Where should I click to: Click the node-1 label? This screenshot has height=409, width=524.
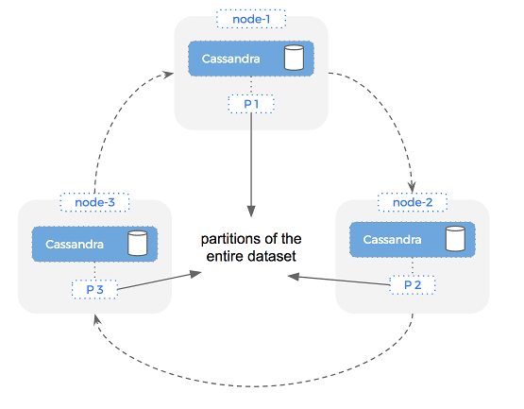tap(251, 18)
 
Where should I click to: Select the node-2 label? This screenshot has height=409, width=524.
tap(412, 202)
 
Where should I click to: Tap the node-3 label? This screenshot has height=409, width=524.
tap(93, 202)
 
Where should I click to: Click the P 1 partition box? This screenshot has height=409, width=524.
tap(251, 103)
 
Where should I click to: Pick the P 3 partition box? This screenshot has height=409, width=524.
tap(93, 288)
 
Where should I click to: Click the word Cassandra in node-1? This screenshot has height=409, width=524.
tap(231, 60)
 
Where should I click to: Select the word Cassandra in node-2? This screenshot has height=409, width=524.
tap(392, 240)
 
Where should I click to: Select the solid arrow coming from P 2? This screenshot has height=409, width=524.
tap(340, 280)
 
